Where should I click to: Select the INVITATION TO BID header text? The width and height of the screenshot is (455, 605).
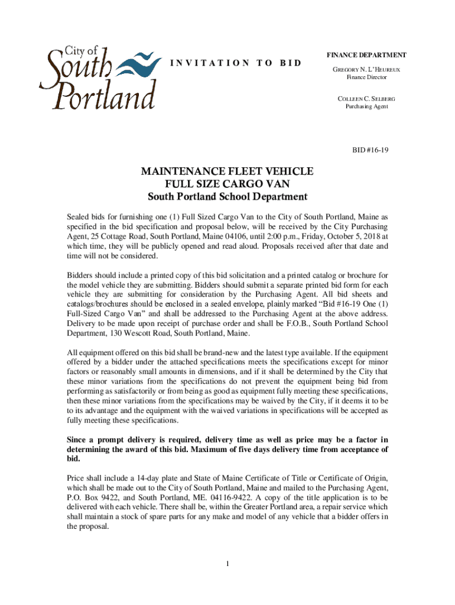[235, 63]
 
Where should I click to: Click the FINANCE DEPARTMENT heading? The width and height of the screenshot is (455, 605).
[366, 55]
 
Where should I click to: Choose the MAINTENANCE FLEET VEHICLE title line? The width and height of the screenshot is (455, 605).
[227, 171]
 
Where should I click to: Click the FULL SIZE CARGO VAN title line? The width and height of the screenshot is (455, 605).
[227, 184]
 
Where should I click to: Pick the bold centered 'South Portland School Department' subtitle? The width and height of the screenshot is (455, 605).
[227, 197]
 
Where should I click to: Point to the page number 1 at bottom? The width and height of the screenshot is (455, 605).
[227, 562]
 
